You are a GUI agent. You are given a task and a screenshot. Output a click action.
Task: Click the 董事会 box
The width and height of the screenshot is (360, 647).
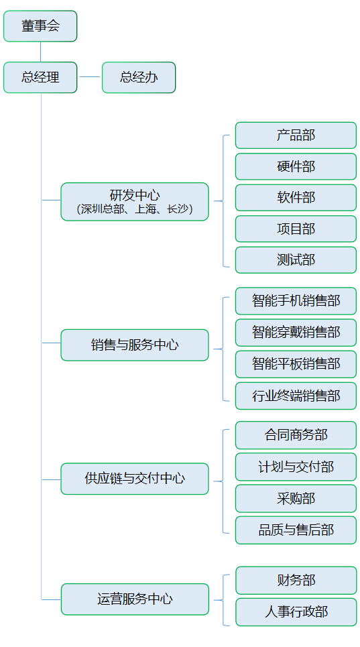coord(40,26)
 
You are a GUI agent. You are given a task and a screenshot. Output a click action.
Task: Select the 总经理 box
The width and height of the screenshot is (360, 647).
coord(40,77)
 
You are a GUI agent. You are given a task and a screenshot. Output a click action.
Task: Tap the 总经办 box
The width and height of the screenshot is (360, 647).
coord(139,77)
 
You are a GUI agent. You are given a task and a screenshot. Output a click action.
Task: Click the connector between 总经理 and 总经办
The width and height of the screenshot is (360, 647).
coord(90,76)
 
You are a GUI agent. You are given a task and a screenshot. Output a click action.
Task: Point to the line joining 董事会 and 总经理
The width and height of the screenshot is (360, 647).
coord(40,52)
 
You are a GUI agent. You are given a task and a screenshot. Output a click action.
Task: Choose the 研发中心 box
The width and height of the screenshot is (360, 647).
coord(135,201)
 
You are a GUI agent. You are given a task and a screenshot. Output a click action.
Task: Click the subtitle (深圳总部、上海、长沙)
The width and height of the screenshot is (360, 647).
coord(135,209)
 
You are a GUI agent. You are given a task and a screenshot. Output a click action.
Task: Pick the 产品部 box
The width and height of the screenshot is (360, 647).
coord(296,135)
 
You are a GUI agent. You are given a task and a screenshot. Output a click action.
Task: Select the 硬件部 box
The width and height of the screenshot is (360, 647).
coord(296,166)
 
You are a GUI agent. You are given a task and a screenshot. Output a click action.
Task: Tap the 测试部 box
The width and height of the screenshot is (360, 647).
coord(296,260)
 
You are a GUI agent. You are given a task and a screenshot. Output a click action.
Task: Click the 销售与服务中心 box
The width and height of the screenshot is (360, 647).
coord(135,345)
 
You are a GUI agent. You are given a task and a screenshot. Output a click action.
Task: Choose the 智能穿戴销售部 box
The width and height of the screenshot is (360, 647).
coord(296,332)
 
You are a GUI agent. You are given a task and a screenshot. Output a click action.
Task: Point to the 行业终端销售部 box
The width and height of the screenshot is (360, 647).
coord(296,396)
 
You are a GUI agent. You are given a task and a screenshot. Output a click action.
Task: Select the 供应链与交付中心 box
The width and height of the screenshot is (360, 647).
coord(135,479)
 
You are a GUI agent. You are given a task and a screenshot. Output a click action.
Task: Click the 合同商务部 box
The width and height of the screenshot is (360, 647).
coord(296,435)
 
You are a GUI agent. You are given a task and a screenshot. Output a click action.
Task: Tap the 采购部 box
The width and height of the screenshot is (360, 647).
coord(296,498)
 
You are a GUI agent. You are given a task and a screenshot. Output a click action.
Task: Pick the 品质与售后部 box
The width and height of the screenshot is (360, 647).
coord(296,530)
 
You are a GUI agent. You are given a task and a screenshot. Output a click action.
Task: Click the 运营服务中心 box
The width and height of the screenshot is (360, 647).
coord(135,599)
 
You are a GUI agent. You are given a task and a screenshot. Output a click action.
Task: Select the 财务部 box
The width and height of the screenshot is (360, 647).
coord(296,580)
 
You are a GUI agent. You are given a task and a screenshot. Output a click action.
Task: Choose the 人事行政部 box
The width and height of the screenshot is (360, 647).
coord(296,612)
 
